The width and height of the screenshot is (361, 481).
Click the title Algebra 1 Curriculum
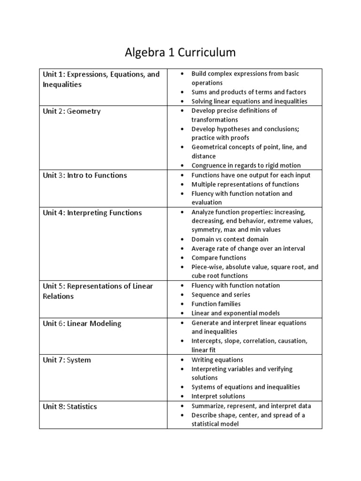(180, 53)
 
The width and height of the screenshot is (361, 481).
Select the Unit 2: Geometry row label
(71, 111)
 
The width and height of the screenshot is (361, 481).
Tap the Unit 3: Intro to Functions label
(85, 175)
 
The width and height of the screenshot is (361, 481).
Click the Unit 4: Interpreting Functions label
(92, 213)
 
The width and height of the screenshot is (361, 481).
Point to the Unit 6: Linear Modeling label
(82, 323)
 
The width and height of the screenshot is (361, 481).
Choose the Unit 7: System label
(67, 360)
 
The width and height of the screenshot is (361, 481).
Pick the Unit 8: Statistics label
(70, 406)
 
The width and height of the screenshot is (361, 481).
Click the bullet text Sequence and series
(220, 295)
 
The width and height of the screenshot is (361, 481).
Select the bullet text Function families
(216, 304)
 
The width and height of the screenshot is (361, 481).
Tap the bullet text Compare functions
(219, 258)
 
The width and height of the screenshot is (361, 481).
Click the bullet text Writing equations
(217, 360)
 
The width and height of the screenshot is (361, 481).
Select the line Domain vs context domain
(230, 240)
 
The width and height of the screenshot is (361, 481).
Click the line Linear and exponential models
(235, 313)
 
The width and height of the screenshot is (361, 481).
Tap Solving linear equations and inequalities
(249, 101)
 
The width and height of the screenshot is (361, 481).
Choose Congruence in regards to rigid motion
(246, 165)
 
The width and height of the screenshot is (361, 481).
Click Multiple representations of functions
(245, 185)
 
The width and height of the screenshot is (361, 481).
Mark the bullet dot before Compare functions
(181, 258)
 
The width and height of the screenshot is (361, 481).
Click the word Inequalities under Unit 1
(62, 85)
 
